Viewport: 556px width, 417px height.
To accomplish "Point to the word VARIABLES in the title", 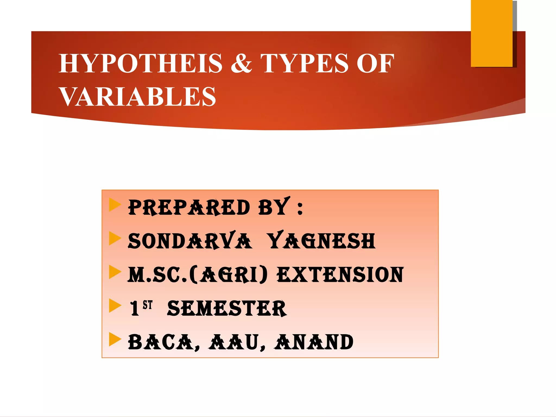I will tap(138, 97).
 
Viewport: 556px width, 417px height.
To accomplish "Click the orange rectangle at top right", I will tap(491, 33).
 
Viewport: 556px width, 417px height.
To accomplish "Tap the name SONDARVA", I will tap(189, 241).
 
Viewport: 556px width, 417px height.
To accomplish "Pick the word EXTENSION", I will tap(340, 275).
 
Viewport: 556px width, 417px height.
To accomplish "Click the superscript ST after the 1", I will tap(148, 305).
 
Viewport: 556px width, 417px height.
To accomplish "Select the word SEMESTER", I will tap(227, 309).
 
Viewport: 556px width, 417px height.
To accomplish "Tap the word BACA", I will tap(164, 342).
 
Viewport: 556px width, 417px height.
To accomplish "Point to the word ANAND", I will tap(314, 342).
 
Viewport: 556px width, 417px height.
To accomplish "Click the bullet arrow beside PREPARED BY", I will tap(115, 205).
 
